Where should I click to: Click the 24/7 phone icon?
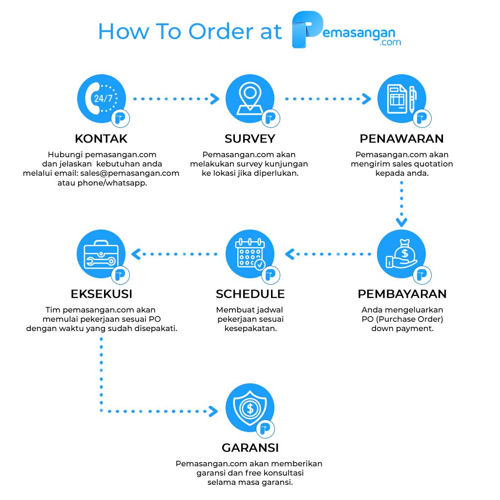point(102,99)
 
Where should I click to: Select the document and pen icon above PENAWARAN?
point(402,99)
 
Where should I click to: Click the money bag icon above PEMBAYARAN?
point(401,254)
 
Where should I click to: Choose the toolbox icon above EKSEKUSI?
point(101,254)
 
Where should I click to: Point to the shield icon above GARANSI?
point(250,408)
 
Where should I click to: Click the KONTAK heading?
point(101,139)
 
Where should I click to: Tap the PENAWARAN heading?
point(402,139)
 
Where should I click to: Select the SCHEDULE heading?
point(250,294)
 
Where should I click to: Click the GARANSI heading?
point(250,448)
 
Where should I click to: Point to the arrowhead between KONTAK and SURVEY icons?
point(215,99)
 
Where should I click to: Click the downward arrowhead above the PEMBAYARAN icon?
point(401,222)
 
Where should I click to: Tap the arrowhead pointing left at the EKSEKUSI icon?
point(136,254)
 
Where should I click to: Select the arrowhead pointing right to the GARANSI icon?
point(213,411)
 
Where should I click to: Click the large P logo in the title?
point(307,29)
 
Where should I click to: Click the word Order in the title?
point(221,32)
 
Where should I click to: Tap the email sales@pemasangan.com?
point(130,173)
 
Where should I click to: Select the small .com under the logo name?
point(390,42)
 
